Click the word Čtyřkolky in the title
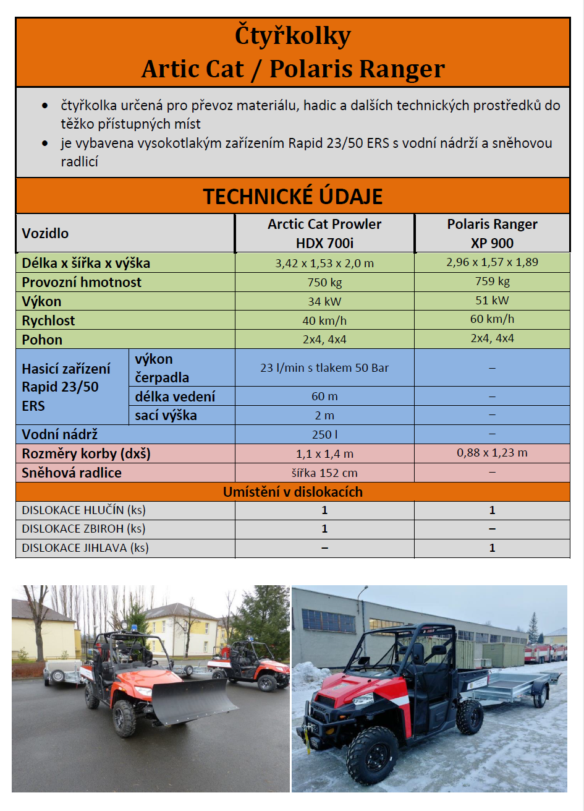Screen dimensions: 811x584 click(293, 36)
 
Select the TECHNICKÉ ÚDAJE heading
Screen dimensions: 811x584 click(293, 196)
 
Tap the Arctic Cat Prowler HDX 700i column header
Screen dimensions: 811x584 click(324, 233)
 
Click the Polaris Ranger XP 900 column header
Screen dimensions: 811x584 click(492, 233)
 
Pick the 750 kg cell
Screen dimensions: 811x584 click(324, 282)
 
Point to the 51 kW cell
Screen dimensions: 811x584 click(492, 301)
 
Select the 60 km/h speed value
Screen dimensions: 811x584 click(492, 319)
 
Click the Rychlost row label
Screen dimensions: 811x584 click(48, 320)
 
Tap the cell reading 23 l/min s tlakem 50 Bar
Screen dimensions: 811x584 click(324, 367)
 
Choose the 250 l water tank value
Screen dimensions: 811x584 click(324, 434)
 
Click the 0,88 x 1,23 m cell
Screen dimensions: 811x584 click(492, 453)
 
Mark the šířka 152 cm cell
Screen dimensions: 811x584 click(324, 473)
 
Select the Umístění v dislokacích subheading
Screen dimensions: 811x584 click(293, 492)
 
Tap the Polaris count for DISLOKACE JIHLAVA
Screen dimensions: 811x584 click(492, 548)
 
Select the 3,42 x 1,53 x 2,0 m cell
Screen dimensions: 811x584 click(324, 263)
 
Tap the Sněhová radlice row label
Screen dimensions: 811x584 click(72, 473)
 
